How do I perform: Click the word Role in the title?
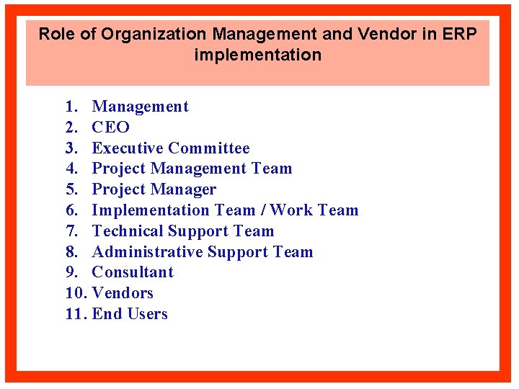(56, 34)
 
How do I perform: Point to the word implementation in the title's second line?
(257, 55)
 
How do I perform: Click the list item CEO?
(110, 128)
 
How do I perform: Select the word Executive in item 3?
(127, 148)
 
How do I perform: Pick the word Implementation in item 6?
(151, 210)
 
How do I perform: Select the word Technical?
(128, 231)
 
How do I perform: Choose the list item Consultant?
(133, 272)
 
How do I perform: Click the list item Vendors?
(123, 293)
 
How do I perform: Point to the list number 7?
(71, 231)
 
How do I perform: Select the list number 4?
(71, 169)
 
